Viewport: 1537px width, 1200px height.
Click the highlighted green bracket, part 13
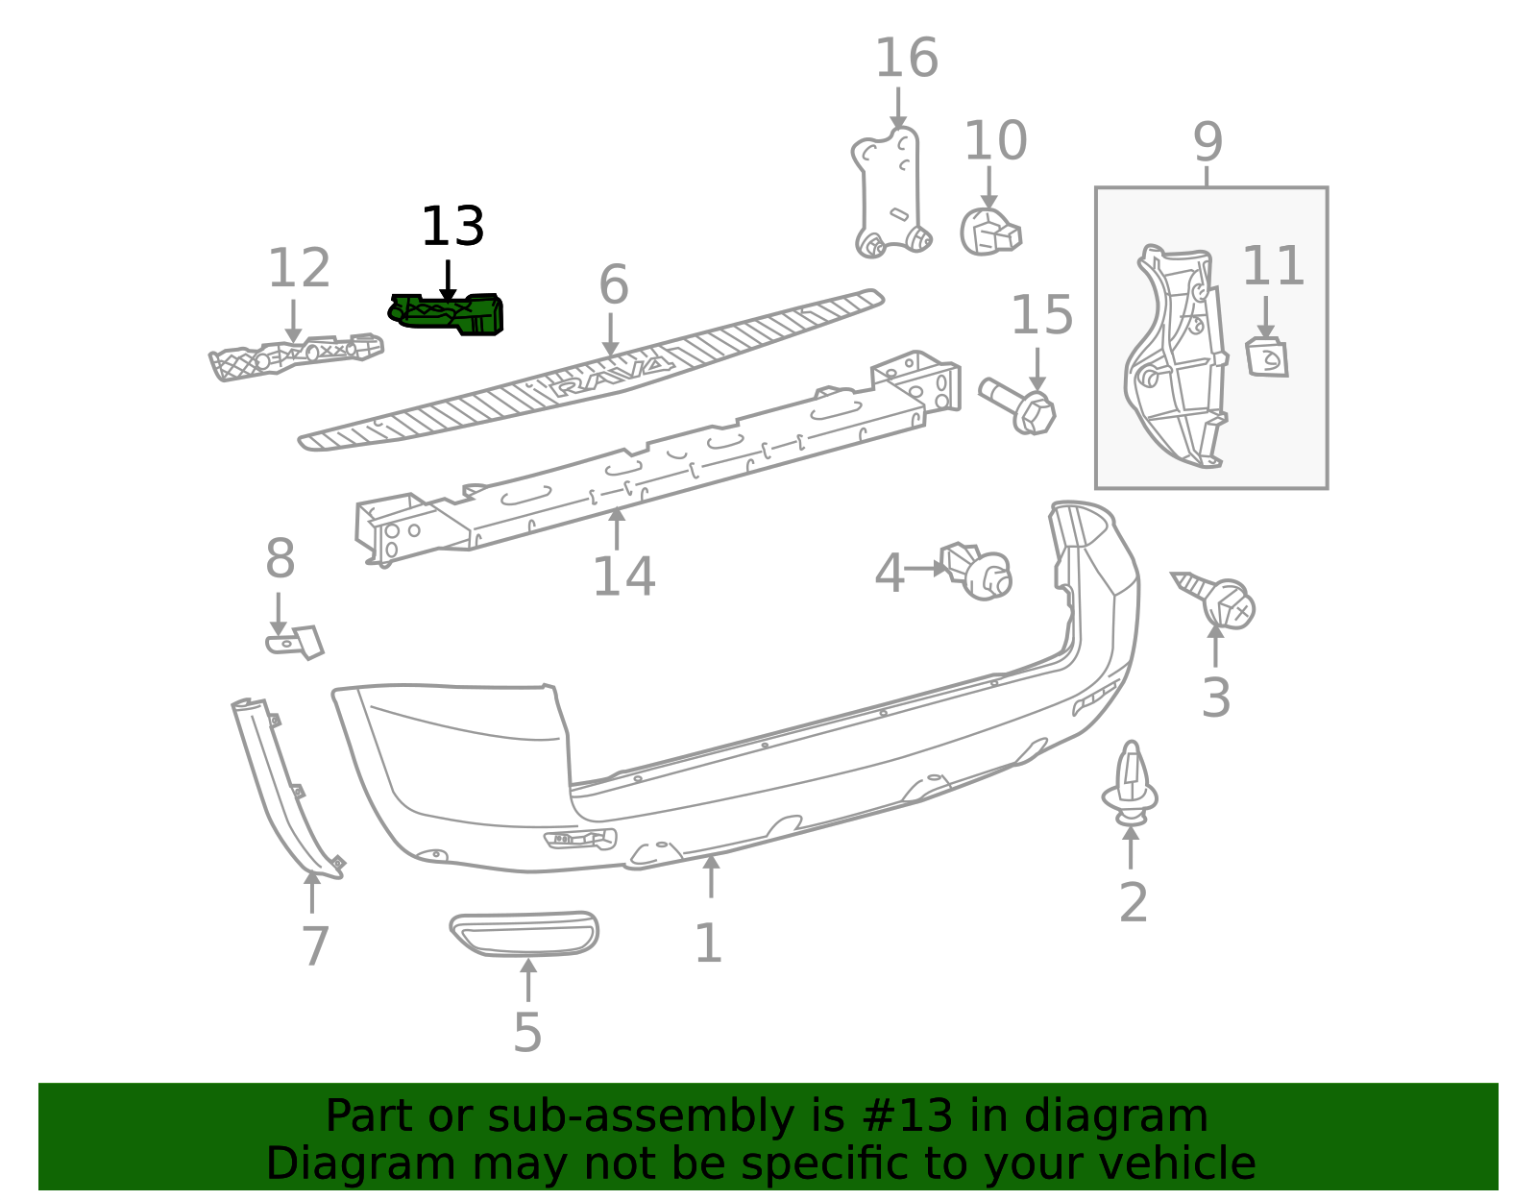click(447, 314)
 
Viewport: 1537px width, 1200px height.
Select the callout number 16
click(907, 58)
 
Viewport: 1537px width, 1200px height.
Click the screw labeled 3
click(1218, 601)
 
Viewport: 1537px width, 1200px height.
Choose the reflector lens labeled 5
click(525, 934)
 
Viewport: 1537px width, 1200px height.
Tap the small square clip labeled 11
click(1266, 357)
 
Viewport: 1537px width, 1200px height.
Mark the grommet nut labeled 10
click(990, 232)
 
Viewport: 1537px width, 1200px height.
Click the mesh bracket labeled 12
click(296, 356)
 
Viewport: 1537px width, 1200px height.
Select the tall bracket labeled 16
click(891, 192)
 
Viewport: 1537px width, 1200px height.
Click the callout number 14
click(623, 577)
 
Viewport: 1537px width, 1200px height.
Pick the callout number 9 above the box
click(1208, 142)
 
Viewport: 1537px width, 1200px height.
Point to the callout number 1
click(709, 943)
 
